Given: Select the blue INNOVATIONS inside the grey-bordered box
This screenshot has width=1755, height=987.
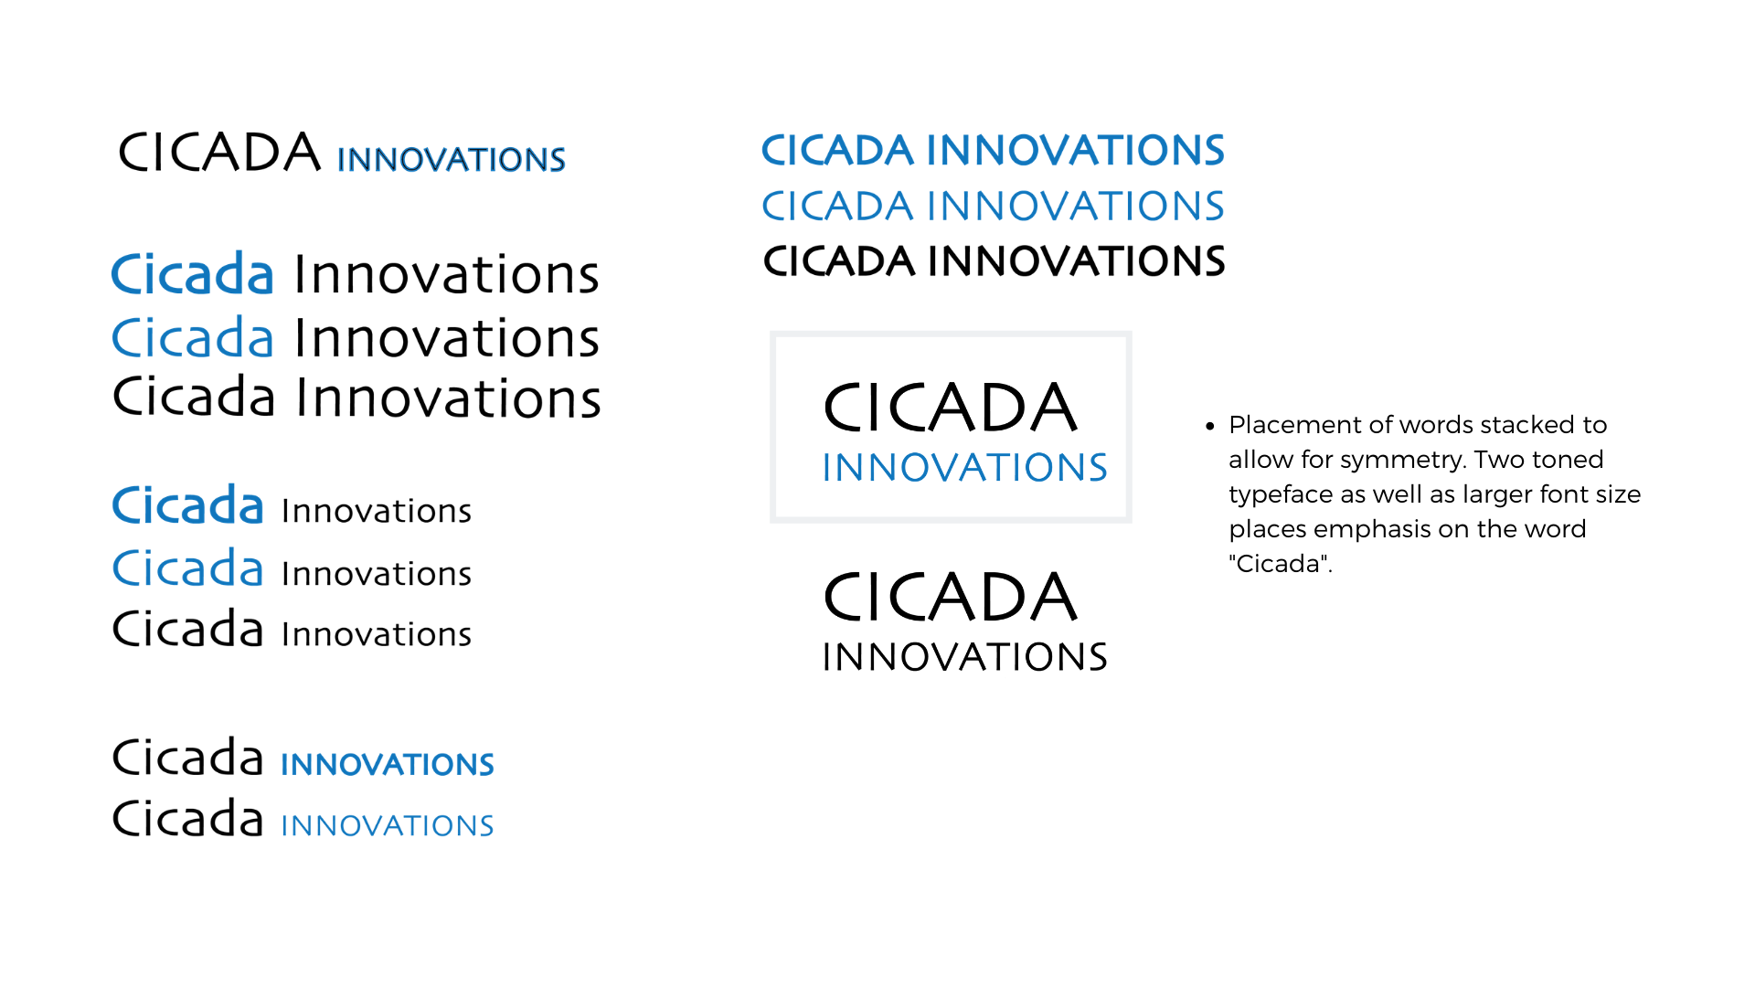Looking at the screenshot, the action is [965, 468].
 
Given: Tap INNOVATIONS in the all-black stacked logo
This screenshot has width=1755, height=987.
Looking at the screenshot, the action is [965, 657].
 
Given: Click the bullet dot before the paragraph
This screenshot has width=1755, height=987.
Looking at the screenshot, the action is [1210, 426].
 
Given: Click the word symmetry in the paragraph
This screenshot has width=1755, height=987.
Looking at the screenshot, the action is [1402, 461].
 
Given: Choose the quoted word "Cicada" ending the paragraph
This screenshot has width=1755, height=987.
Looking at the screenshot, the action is [1281, 564].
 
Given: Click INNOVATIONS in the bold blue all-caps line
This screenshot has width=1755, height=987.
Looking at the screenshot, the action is [1076, 151].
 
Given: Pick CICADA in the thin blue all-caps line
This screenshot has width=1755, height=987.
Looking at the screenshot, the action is [837, 207].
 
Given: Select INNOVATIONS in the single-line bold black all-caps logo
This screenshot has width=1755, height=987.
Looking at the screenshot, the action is [1077, 261].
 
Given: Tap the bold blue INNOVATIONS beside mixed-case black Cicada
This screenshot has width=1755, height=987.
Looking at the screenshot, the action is [388, 765].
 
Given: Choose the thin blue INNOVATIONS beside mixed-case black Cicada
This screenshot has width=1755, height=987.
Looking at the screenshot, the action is [388, 826].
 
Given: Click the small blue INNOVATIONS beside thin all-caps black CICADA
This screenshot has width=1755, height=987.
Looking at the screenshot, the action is [452, 160].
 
